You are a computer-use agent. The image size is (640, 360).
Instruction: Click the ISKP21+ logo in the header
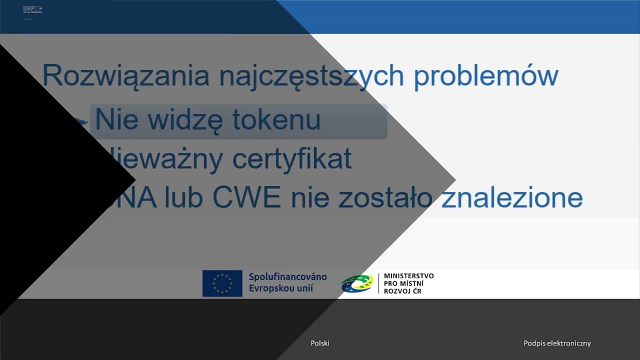point(32,9)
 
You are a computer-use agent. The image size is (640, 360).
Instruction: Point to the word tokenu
point(276,120)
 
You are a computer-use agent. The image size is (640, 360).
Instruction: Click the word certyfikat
point(291,159)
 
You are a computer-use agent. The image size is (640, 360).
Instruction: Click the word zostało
point(385,198)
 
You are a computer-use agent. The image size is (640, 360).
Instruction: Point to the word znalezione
point(512,198)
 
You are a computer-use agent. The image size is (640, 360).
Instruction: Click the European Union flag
point(222,283)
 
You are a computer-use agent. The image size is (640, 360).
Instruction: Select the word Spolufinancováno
point(287,276)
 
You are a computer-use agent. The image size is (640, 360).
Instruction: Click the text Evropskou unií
point(280,288)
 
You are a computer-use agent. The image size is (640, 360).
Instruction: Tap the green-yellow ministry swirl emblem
point(357,283)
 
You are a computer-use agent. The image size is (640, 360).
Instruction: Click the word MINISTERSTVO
point(408,276)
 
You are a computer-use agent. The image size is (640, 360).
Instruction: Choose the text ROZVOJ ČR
point(402,291)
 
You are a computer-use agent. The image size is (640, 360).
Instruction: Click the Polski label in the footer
point(320,343)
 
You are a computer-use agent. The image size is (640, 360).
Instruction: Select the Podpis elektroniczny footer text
point(557,343)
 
